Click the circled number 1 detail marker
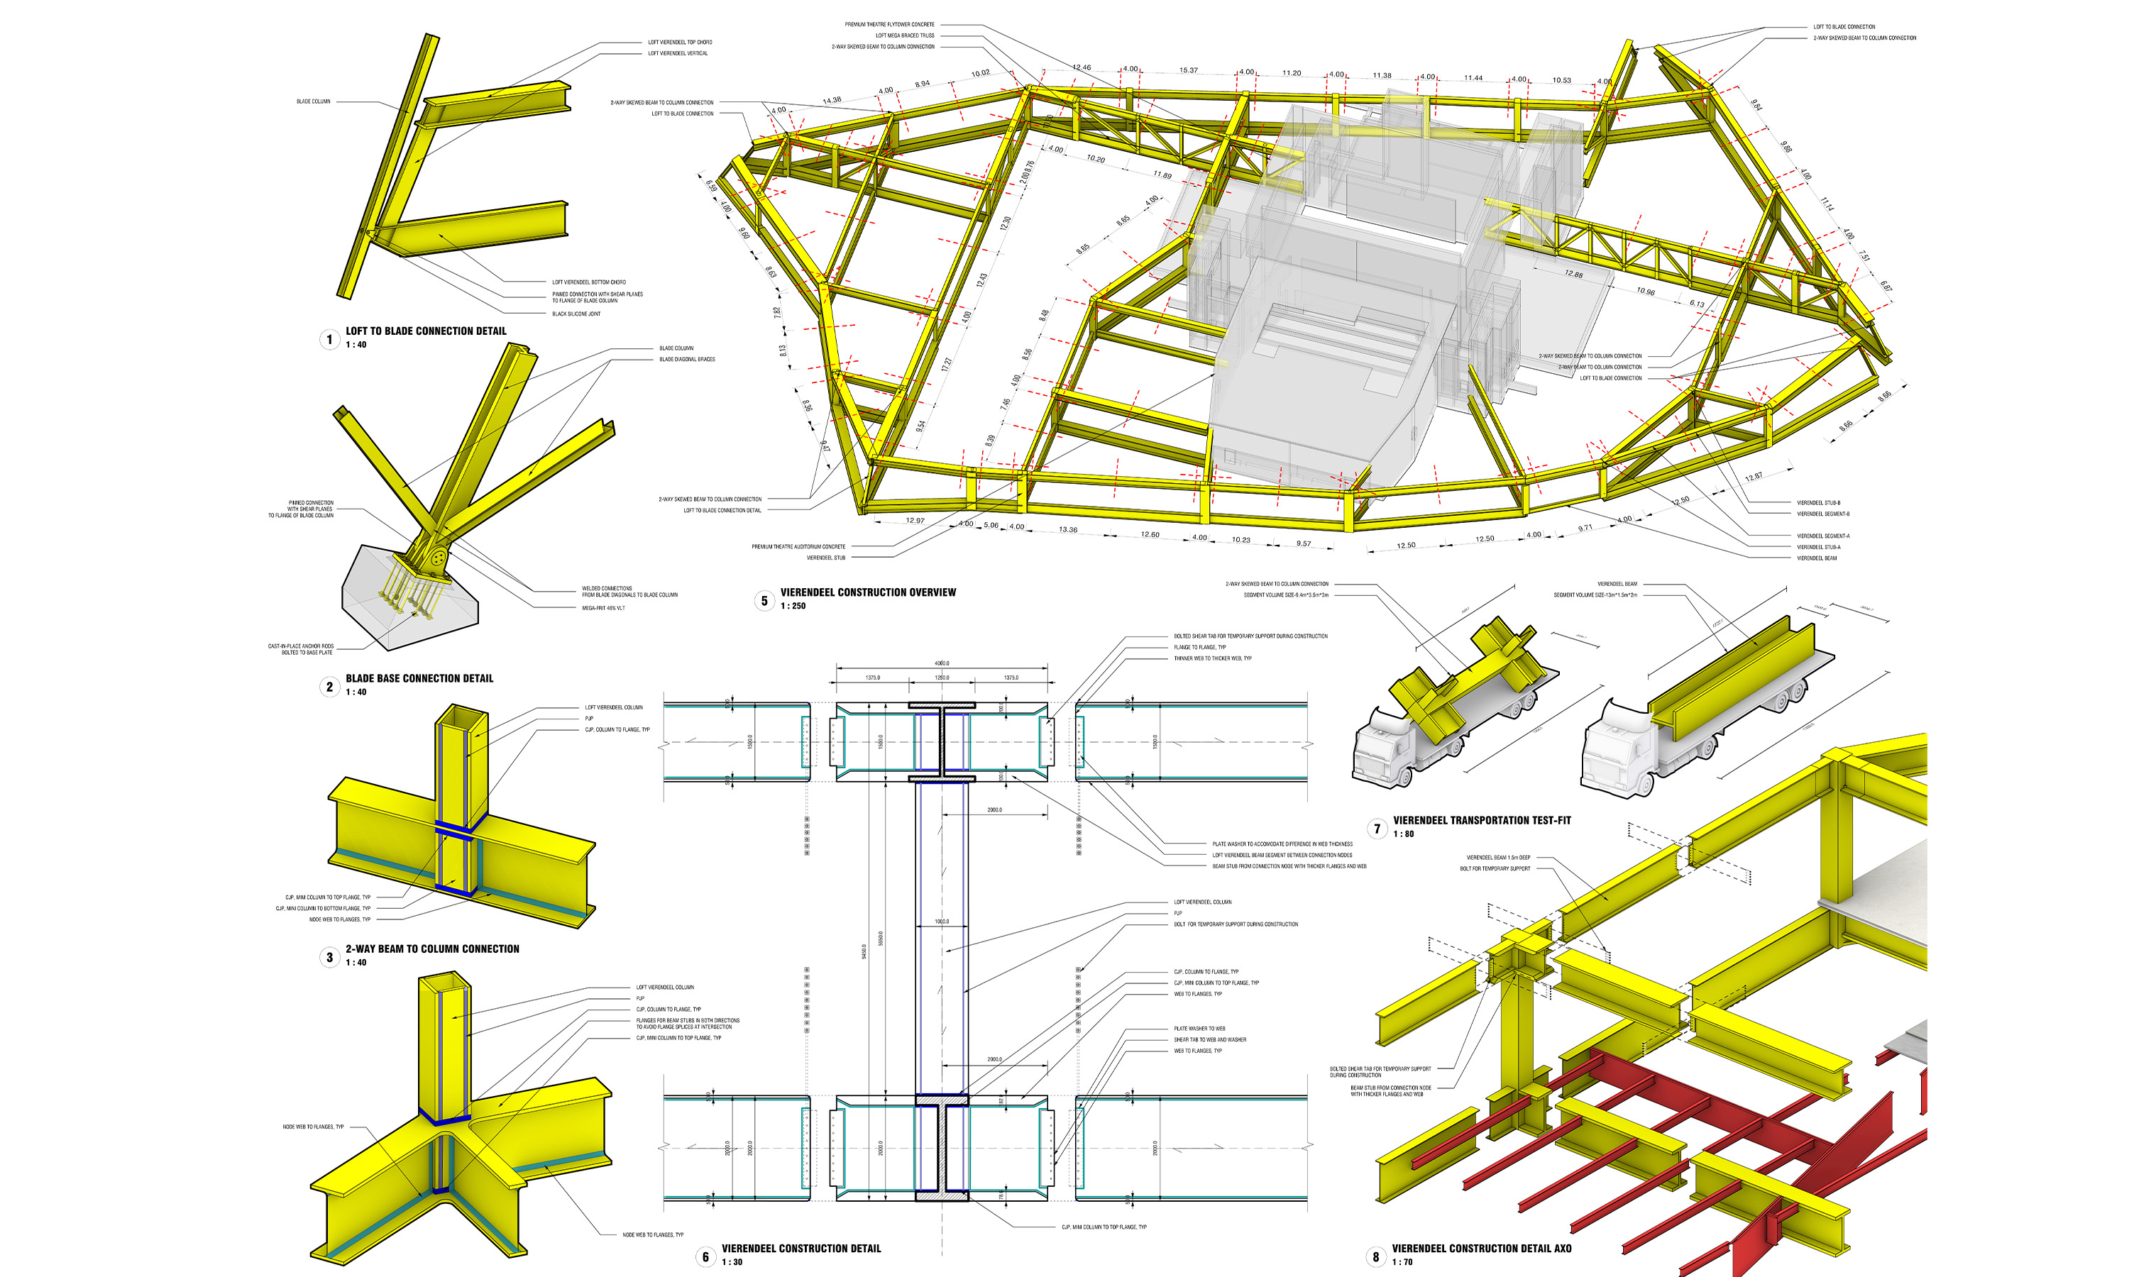pos(329,339)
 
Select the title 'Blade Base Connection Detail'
pos(419,678)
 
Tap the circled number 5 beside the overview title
pos(764,601)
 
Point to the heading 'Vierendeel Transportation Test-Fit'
pos(1481,820)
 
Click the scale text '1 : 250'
pos(793,606)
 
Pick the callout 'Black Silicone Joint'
pos(576,314)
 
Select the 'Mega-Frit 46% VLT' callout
pos(603,607)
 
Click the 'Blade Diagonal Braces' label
pos(687,359)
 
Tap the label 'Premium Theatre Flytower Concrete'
pos(889,24)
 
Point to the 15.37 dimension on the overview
pos(1189,70)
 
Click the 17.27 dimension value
pos(947,365)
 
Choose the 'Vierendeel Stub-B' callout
pos(1817,502)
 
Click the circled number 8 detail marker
pos(1375,1256)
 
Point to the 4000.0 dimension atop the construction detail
pos(942,663)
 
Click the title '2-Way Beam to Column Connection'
pos(432,949)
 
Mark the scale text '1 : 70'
pos(1402,1261)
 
